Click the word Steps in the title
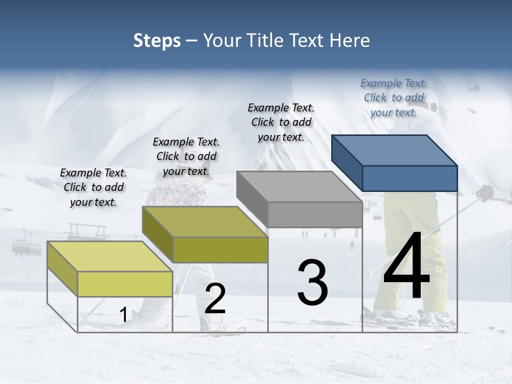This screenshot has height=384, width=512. [157, 41]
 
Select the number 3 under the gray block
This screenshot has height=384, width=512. [312, 283]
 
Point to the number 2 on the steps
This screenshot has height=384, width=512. [215, 299]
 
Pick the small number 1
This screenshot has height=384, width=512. [123, 315]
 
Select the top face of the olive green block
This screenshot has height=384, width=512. [205, 222]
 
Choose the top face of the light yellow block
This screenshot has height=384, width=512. [110, 257]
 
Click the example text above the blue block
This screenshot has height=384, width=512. [394, 98]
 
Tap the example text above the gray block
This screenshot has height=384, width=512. [281, 122]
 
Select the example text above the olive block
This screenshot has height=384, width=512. [186, 156]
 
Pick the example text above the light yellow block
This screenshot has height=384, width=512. [93, 187]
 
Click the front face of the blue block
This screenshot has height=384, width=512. [410, 178]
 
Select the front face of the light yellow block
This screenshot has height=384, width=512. [125, 284]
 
